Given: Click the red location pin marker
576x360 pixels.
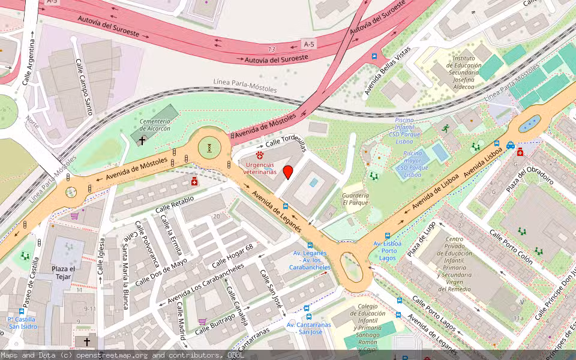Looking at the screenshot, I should pos(288,172).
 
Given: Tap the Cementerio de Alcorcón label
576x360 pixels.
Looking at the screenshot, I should pos(155,124).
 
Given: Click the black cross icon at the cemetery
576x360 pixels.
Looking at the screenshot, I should pos(142,140).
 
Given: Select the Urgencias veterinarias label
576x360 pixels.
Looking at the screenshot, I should pos(260,168).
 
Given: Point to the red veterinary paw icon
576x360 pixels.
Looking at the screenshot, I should pos(260,155).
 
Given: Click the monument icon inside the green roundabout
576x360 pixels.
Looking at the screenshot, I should pos(209,147).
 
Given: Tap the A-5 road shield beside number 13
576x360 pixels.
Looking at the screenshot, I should pos(308,44).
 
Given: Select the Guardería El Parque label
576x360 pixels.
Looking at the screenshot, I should pos(355,199).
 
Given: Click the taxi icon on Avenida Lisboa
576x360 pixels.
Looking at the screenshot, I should pos(510,145).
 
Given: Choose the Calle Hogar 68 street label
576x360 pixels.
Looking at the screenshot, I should pos(232,256).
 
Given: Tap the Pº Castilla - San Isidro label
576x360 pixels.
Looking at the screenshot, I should pos(22,322).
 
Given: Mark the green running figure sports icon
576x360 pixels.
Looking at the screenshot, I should pos(445,128).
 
